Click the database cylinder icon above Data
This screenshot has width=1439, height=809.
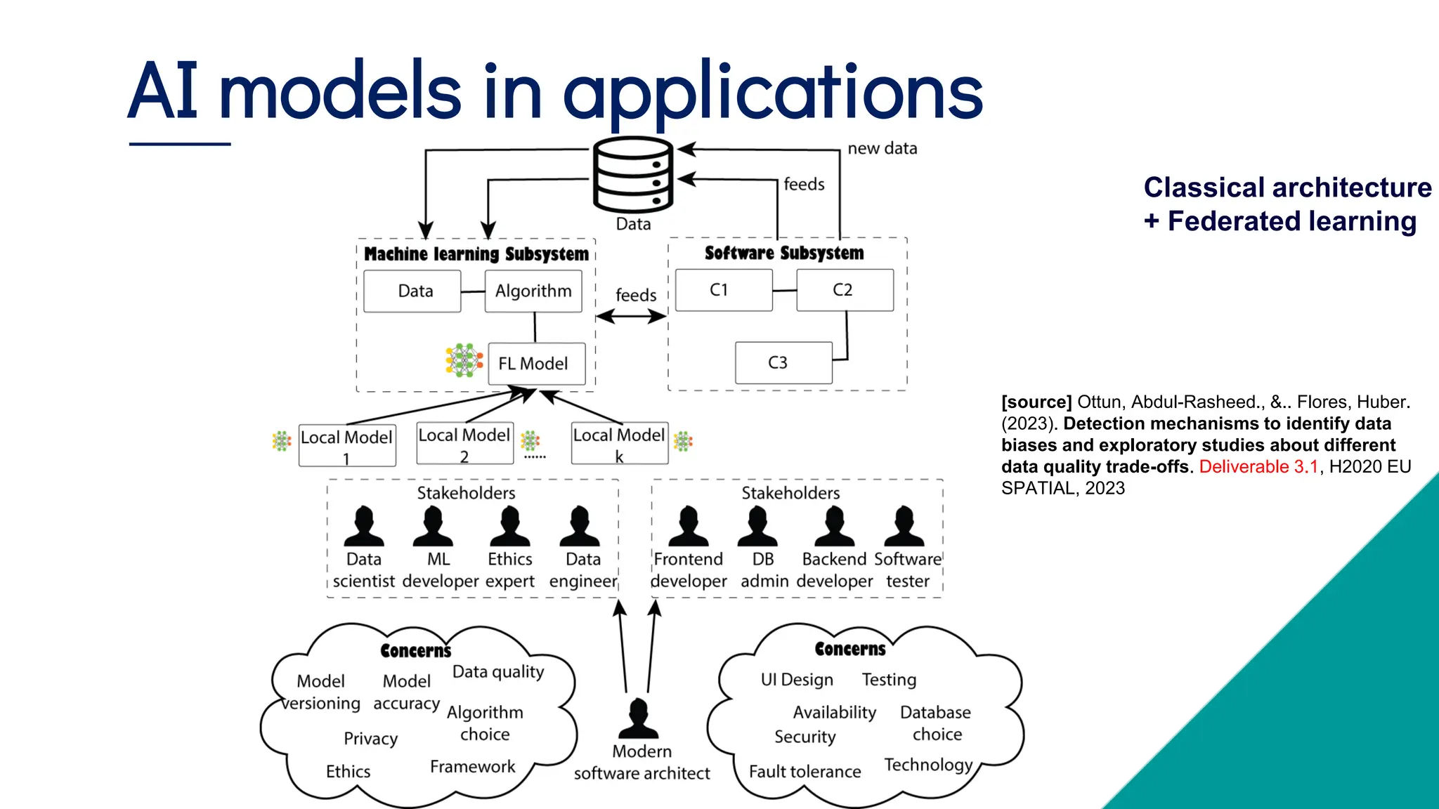coord(633,174)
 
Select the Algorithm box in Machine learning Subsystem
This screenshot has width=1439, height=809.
coord(533,291)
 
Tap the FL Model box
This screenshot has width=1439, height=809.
coord(536,363)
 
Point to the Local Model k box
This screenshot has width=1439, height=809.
coord(619,443)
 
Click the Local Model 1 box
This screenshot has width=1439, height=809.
coord(347,445)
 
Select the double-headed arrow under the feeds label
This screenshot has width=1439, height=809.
coord(631,317)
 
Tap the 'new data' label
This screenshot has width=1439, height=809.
coord(882,148)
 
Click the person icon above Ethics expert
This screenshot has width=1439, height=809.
coord(510,527)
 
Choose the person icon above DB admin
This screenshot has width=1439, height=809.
coord(757,527)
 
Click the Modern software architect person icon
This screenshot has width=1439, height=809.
coord(639,718)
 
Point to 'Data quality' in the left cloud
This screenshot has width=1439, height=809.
coord(498,672)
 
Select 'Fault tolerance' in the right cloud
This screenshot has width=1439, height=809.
coord(805,772)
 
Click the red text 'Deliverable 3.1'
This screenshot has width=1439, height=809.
coord(1258,467)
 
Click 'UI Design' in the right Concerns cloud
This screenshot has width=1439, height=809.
coord(797,680)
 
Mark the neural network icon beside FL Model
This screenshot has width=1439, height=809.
coord(464,360)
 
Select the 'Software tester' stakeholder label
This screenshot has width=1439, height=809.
coord(907,570)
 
